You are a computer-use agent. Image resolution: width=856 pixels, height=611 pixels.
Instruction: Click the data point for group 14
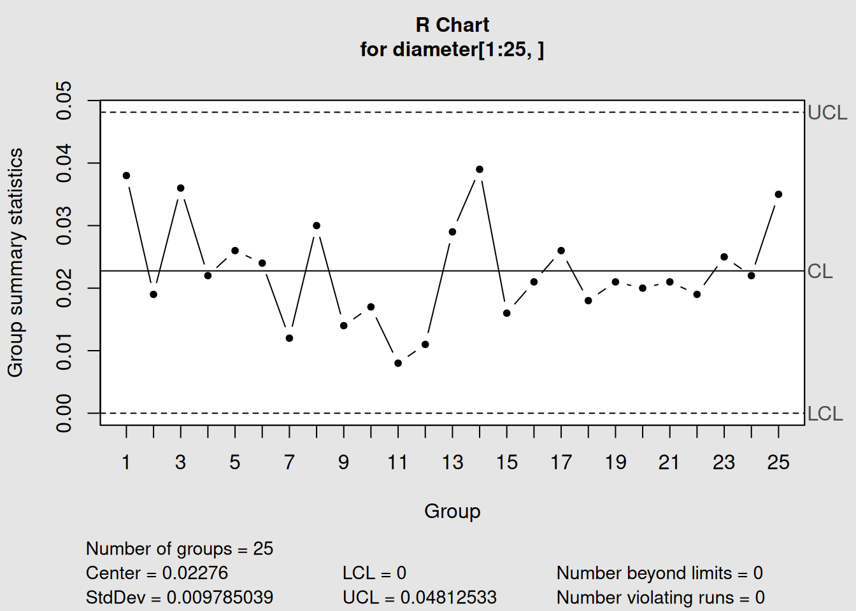coord(480,169)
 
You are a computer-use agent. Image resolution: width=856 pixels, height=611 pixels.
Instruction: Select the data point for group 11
coord(398,363)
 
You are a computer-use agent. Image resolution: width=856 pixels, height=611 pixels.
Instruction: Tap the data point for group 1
coord(126,176)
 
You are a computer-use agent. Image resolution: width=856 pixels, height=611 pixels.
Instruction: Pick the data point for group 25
coord(778,194)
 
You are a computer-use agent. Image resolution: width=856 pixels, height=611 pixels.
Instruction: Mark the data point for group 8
coord(317,225)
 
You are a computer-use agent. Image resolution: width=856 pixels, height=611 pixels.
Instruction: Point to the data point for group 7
coord(289,338)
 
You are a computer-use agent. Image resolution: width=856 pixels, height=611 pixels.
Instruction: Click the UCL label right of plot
coord(827,113)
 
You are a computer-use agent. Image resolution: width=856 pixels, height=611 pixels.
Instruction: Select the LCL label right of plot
coord(825,414)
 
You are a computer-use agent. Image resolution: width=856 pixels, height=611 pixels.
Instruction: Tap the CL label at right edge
coord(820,271)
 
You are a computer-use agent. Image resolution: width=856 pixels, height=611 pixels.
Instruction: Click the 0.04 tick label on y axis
coord(64,163)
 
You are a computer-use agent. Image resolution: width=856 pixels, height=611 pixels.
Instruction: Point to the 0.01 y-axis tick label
coord(64,351)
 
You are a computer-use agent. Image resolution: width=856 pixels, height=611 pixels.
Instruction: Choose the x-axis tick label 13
coord(452,462)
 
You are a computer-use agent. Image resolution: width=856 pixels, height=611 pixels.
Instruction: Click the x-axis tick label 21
coord(669,462)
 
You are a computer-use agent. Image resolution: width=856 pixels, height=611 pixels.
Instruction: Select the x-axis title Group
coord(452,511)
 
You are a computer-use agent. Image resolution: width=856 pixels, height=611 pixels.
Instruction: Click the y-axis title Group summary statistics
coord(15,262)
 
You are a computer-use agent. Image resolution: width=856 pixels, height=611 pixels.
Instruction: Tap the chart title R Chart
coord(452,25)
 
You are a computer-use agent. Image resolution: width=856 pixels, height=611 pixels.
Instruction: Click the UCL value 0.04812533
coord(448,597)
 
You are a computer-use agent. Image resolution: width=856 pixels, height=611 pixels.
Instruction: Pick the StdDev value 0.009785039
coord(220,597)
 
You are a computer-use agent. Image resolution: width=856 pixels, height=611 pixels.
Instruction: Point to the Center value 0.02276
coord(195,573)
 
